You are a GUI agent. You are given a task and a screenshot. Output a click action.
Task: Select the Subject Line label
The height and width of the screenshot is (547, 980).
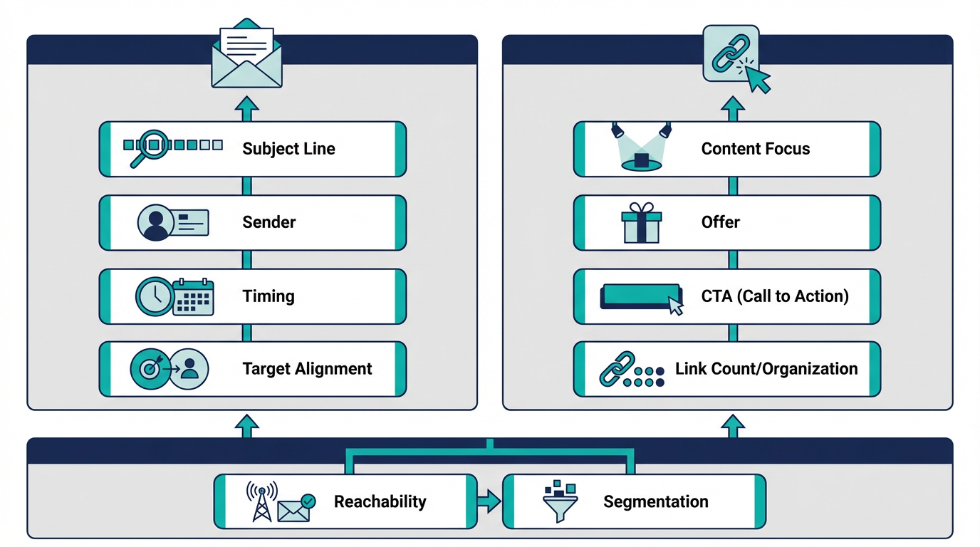click(288, 149)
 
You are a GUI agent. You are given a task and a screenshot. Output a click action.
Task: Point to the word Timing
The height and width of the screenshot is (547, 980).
click(269, 296)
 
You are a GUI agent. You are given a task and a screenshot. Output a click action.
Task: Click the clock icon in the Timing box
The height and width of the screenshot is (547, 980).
click(154, 296)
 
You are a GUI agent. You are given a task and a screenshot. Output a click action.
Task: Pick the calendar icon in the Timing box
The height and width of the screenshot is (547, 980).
click(194, 297)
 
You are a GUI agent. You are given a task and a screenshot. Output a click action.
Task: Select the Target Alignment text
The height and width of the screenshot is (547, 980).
click(307, 369)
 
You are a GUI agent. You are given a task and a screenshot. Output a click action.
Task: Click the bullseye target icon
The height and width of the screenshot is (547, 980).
click(150, 369)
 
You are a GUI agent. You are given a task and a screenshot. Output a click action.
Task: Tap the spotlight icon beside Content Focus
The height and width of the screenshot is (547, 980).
click(642, 148)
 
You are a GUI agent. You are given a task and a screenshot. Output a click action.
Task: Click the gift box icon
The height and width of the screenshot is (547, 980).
click(641, 223)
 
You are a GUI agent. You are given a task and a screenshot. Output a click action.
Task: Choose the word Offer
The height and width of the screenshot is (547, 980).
click(720, 222)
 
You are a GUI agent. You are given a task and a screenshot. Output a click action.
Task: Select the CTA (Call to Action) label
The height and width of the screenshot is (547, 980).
click(775, 296)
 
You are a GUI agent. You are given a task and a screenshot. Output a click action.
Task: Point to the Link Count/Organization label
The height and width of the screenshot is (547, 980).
click(766, 369)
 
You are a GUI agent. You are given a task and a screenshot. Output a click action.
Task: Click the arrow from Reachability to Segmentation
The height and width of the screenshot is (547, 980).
click(489, 502)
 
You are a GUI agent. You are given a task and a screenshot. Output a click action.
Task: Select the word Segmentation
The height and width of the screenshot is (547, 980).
click(655, 501)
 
